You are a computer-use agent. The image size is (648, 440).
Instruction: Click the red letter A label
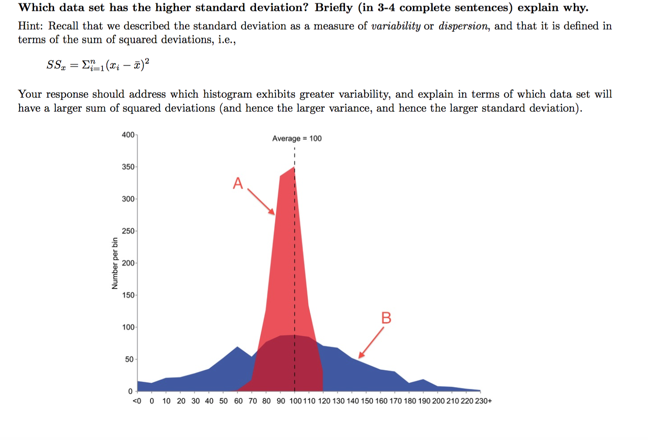pyautogui.click(x=238, y=183)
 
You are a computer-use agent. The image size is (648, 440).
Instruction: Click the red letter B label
pyautogui.click(x=386, y=318)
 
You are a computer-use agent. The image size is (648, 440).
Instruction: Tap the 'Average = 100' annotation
pyautogui.click(x=297, y=138)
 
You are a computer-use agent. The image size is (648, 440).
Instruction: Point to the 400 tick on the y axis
pyautogui.click(x=128, y=134)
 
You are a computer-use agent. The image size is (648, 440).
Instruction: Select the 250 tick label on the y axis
pyautogui.click(x=128, y=231)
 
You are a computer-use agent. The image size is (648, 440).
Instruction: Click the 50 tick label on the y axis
pyautogui.click(x=130, y=359)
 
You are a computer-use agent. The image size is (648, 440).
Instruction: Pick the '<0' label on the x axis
pyautogui.click(x=136, y=401)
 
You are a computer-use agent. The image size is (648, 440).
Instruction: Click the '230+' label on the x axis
pyautogui.click(x=483, y=401)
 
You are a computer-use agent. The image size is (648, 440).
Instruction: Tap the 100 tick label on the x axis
pyautogui.click(x=295, y=401)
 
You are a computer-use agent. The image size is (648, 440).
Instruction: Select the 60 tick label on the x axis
pyautogui.click(x=238, y=401)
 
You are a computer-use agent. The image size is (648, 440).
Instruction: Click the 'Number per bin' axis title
pyautogui.click(x=115, y=263)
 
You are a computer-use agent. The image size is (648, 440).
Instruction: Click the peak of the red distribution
pyautogui.click(x=294, y=167)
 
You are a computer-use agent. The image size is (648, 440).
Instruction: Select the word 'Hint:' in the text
pyautogui.click(x=31, y=26)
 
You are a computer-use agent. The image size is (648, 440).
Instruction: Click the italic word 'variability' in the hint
pyautogui.click(x=396, y=26)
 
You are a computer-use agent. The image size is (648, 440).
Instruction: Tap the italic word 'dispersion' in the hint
pyautogui.click(x=463, y=26)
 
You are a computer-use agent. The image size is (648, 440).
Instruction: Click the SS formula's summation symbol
pyautogui.click(x=86, y=65)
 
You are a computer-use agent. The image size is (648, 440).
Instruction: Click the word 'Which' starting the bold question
pyautogui.click(x=37, y=8)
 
